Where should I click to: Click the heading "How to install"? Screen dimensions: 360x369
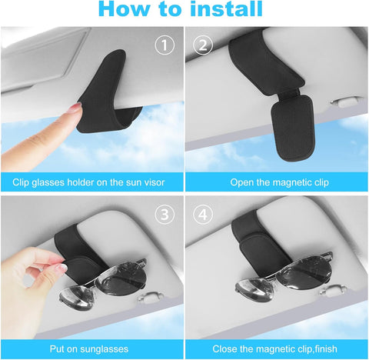(x=184, y=10)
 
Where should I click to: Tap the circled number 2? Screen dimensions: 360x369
(x=204, y=45)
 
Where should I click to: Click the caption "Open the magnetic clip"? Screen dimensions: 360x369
(x=277, y=182)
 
